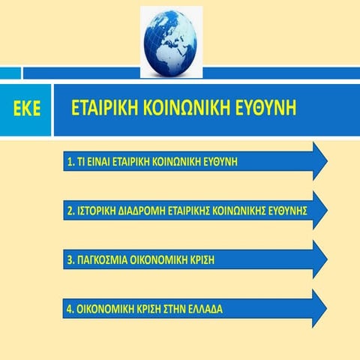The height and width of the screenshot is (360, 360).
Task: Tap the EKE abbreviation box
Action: coord(25,110)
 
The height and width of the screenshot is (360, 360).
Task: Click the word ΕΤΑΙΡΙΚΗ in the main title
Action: coord(106,109)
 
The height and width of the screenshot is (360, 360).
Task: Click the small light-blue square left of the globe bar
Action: coord(10,73)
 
